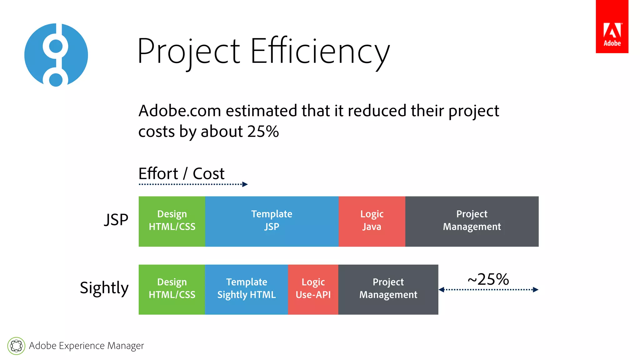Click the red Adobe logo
[x=612, y=27]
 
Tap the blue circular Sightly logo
[x=56, y=55]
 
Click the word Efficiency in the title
[x=320, y=51]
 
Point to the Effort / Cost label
[x=181, y=173]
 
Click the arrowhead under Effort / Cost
[x=245, y=184]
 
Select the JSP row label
[x=116, y=220]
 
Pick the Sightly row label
[x=104, y=288]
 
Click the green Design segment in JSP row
[x=172, y=221]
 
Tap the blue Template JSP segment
[x=272, y=221]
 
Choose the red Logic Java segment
[x=372, y=221]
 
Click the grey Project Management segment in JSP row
[x=472, y=221]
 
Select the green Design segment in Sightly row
[x=172, y=289]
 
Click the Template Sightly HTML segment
[x=246, y=289]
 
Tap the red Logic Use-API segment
[x=313, y=289]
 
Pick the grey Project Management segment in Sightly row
[x=388, y=289]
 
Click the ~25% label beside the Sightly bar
[x=488, y=279]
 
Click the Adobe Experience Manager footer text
[x=86, y=346]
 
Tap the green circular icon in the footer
[x=16, y=346]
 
